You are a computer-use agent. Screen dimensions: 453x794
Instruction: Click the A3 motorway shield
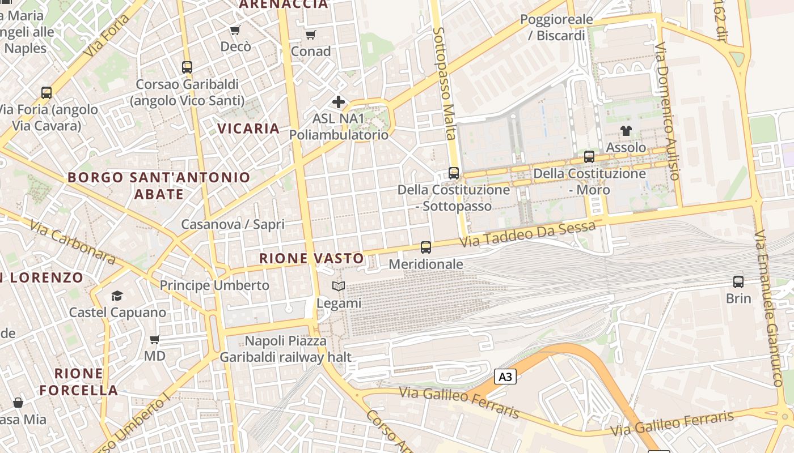pyautogui.click(x=505, y=377)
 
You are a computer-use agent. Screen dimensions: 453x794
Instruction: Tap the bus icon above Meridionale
pyautogui.click(x=426, y=247)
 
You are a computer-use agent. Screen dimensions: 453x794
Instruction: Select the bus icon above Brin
pyautogui.click(x=738, y=281)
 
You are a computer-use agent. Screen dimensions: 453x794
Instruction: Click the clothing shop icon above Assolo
pyautogui.click(x=626, y=131)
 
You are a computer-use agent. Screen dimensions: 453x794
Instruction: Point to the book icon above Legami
pyautogui.click(x=339, y=287)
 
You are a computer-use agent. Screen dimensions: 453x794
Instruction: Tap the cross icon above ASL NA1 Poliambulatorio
pyautogui.click(x=339, y=102)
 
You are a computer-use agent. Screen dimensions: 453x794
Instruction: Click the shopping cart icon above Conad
pyautogui.click(x=310, y=35)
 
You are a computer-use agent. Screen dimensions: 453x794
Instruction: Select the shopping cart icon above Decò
pyautogui.click(x=235, y=30)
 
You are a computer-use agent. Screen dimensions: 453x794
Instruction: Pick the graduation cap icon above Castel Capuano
pyautogui.click(x=117, y=296)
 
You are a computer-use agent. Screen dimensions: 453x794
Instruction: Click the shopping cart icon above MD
pyautogui.click(x=154, y=340)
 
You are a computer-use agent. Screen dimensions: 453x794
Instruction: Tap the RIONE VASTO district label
pyautogui.click(x=311, y=258)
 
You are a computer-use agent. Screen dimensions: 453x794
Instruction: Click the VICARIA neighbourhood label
pyautogui.click(x=248, y=129)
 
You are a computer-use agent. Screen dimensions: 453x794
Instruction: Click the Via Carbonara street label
pyautogui.click(x=73, y=242)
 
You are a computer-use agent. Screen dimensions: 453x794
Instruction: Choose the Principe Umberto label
pyautogui.click(x=214, y=285)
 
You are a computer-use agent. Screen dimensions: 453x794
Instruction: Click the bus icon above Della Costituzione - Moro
pyautogui.click(x=589, y=157)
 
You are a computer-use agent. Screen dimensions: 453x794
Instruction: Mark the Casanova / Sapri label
pyautogui.click(x=233, y=224)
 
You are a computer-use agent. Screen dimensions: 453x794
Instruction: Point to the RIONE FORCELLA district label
pyautogui.click(x=79, y=382)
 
